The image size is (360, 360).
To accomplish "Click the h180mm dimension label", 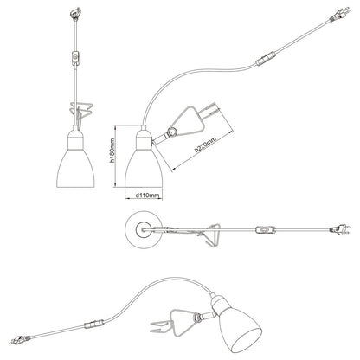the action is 112,151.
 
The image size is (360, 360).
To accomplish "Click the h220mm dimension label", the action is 205,145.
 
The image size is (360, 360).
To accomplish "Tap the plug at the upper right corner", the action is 340,15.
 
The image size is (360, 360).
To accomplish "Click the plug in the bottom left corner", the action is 20,339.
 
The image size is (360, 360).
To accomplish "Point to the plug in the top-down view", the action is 340,230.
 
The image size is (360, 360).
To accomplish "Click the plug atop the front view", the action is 75,14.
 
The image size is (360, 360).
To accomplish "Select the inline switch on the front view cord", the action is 75,57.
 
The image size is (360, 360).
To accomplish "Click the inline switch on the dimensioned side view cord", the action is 266,58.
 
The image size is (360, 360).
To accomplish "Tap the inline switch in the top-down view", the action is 266,230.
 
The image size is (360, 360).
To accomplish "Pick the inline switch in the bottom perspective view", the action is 94,324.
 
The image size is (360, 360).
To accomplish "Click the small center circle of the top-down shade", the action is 144,230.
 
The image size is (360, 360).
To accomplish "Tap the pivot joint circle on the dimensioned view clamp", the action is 172,132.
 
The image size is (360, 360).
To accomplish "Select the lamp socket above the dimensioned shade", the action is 144,138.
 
